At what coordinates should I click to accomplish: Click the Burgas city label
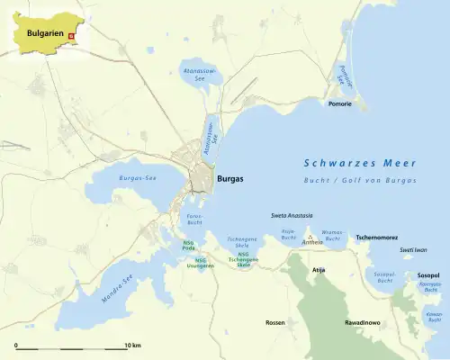pyautogui.click(x=230, y=179)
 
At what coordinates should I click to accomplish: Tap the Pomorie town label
pyautogui.click(x=340, y=104)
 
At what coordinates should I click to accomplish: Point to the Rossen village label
pyautogui.click(x=275, y=321)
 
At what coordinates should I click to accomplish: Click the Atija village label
pyautogui.click(x=316, y=269)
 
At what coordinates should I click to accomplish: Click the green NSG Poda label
pyautogui.click(x=188, y=245)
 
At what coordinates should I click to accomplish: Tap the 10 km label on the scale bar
pyautogui.click(x=132, y=345)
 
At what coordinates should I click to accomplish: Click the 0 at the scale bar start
pyautogui.click(x=15, y=345)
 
